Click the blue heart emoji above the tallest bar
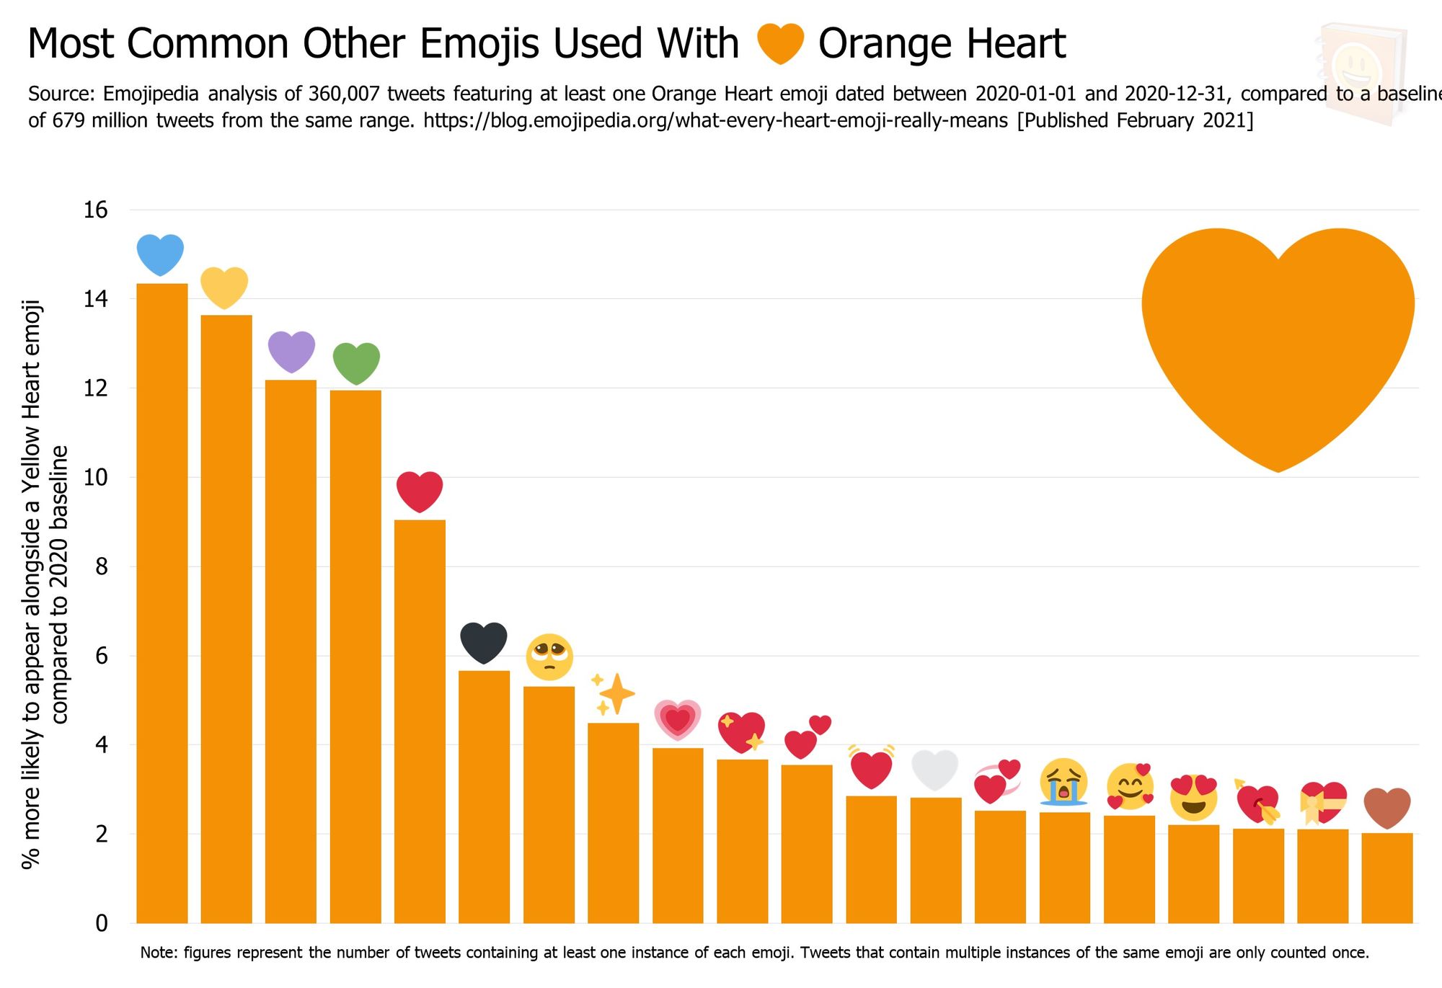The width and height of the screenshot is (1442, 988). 160,254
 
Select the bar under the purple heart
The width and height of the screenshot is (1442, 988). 291,649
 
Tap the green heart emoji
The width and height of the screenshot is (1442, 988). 356,362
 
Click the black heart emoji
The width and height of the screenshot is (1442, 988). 484,642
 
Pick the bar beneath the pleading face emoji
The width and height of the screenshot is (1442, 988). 549,804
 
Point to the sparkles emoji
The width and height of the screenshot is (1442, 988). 613,694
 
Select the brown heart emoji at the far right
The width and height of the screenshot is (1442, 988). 1386,808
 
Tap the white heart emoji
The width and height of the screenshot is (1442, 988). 935,770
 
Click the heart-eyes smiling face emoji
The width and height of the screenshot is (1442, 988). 1193,798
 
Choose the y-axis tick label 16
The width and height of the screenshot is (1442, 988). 95,210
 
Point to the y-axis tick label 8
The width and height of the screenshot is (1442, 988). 101,566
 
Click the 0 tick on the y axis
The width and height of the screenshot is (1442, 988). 101,923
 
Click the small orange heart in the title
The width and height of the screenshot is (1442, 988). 780,43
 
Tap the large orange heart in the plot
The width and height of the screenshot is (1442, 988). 1278,339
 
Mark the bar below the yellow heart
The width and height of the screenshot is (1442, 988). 226,620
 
